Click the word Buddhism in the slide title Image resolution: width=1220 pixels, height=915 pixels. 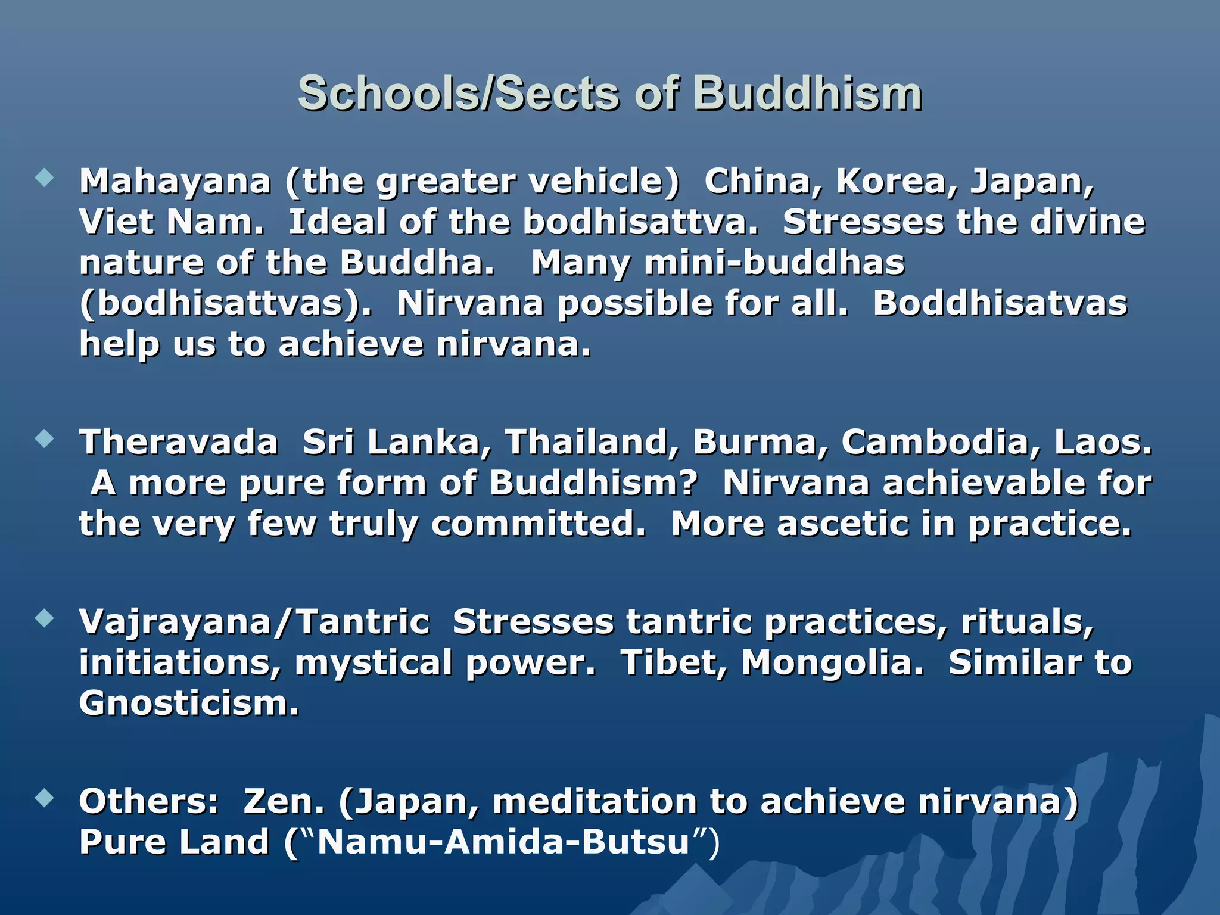point(807,94)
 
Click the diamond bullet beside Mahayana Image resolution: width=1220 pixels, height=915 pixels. point(44,178)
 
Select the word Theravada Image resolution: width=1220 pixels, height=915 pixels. point(179,442)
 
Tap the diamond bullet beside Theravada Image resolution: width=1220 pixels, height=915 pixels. point(44,440)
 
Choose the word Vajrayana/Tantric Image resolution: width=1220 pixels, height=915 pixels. point(254,622)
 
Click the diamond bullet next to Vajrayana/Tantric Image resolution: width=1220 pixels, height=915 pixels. point(44,619)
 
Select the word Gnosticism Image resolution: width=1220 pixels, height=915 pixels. point(188,703)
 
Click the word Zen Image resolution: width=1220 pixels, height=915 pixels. point(284,801)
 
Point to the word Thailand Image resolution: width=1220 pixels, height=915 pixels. point(592,442)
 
